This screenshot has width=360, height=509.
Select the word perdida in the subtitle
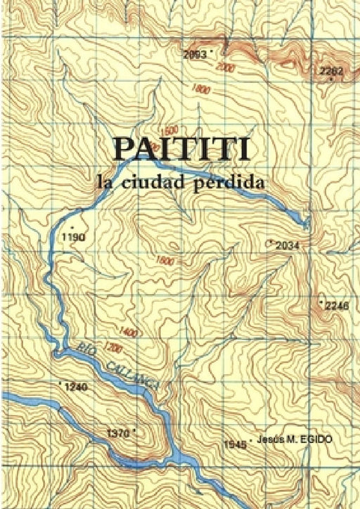tap(235, 182)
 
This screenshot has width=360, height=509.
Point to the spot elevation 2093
tap(194, 54)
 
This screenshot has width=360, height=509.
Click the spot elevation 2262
tap(330, 71)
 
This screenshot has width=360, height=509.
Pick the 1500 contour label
tap(169, 131)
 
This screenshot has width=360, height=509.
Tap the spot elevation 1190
tap(74, 238)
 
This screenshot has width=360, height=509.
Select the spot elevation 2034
tap(288, 245)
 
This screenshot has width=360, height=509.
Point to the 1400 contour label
tap(128, 332)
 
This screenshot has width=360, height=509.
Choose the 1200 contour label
tap(114, 348)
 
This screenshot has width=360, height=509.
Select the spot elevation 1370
tap(117, 434)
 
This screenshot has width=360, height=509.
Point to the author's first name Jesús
tap(271, 439)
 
